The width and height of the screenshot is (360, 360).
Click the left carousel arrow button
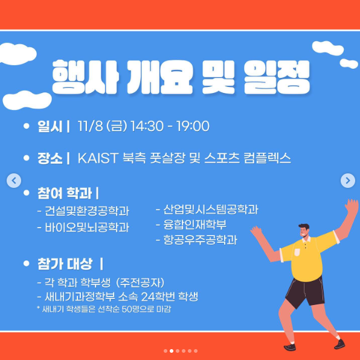14,181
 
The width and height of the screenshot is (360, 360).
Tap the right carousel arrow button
348,181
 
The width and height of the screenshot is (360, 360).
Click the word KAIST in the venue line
98,158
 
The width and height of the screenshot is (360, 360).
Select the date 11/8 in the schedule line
91,126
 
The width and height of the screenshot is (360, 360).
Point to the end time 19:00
193,126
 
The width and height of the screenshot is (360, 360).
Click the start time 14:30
147,126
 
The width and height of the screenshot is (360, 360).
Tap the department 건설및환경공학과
87,211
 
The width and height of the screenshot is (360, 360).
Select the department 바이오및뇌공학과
87,227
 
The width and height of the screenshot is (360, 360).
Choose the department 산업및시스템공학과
211,209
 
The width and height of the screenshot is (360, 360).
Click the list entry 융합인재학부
195,224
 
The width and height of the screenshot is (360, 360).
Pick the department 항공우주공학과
200,240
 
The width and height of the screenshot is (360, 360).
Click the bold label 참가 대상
65,264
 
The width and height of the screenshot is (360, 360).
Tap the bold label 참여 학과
65,193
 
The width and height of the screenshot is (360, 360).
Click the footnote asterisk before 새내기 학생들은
38,307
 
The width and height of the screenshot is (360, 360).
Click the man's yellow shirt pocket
297,252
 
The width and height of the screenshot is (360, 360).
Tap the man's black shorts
306,292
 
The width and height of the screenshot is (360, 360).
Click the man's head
304,231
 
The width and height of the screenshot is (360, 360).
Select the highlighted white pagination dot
172,351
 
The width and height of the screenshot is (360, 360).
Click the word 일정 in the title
277,77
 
